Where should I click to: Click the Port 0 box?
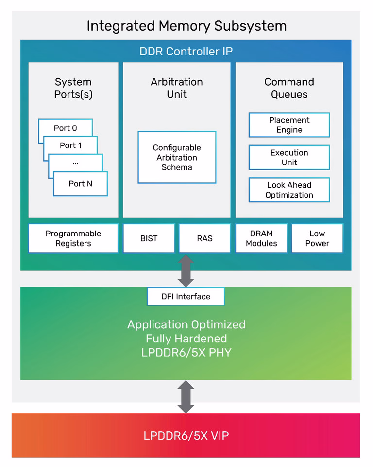(65, 128)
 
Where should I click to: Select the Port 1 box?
(70, 145)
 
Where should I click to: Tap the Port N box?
(80, 183)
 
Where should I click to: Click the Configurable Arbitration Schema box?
(177, 157)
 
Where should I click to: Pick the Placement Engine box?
(289, 125)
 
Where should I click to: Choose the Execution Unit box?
(289, 157)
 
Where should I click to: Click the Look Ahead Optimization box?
(289, 190)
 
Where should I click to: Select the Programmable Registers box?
(73, 238)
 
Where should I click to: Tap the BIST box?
(149, 238)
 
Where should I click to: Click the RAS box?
(204, 238)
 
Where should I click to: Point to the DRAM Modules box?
(261, 238)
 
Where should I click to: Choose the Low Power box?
(317, 238)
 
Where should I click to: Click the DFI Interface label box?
(186, 296)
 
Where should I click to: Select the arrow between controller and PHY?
(186, 270)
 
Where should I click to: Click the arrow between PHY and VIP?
(186, 397)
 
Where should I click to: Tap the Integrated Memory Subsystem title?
(186, 26)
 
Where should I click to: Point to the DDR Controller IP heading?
(186, 51)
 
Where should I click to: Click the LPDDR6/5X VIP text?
(186, 436)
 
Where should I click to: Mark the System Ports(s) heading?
(73, 88)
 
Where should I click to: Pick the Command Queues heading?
(289, 88)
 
